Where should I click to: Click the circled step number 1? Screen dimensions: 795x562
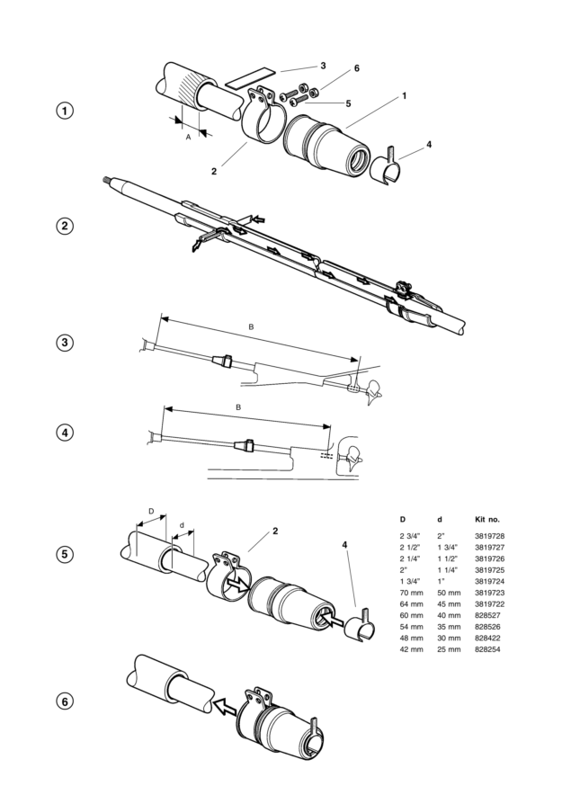[65, 112]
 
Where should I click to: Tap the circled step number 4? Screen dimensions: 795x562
[65, 433]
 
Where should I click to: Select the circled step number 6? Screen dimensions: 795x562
[65, 701]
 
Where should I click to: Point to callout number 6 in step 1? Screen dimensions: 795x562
[331, 68]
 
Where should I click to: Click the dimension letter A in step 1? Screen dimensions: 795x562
[188, 138]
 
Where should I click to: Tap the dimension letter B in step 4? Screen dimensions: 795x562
[238, 407]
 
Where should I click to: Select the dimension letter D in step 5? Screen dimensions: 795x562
[151, 512]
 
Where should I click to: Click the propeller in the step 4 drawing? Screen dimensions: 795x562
[358, 457]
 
